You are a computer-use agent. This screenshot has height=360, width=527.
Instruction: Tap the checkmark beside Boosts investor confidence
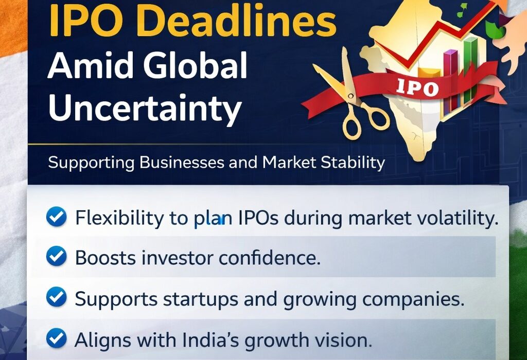[56, 257]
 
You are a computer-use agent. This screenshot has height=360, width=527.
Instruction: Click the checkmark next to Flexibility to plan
[56, 218]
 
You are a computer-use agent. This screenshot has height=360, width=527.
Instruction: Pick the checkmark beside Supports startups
[56, 298]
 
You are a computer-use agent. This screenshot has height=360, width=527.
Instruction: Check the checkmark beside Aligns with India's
[56, 338]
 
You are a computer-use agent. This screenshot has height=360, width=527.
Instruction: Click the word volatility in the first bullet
[461, 218]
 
